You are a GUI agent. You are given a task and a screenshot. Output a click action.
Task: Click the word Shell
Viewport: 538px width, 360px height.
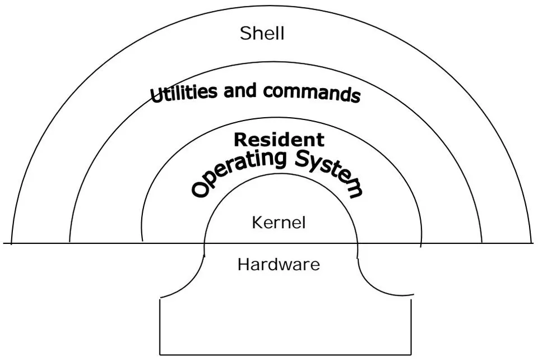(x=262, y=33)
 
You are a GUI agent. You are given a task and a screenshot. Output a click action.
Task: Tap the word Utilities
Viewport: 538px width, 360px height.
(x=184, y=93)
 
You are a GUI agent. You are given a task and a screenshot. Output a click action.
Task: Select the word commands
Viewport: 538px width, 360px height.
(x=312, y=93)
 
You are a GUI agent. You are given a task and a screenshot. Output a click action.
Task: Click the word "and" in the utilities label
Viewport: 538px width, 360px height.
(x=240, y=91)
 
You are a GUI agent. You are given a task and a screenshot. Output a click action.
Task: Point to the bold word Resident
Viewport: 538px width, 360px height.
(x=279, y=140)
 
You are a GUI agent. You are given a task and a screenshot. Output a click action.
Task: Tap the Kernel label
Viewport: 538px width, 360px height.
(x=279, y=223)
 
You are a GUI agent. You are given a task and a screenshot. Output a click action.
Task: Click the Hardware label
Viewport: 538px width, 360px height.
(x=279, y=265)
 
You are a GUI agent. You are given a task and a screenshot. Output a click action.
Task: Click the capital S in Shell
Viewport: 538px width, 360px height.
(x=245, y=33)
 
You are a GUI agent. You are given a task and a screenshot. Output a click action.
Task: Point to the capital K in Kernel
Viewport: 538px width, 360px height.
(x=258, y=223)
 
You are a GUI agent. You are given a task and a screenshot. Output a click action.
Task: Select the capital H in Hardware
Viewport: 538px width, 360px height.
(x=244, y=265)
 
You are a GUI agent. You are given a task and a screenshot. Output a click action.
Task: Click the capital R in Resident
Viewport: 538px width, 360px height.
(x=240, y=140)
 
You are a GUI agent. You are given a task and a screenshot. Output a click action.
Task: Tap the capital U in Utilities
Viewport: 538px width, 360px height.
(x=156, y=95)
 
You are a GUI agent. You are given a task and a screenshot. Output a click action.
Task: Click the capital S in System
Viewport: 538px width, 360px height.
(x=303, y=159)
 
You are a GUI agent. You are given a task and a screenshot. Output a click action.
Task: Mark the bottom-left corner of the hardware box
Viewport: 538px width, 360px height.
(x=160, y=354)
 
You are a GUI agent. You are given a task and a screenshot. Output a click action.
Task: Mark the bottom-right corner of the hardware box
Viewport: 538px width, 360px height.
(x=411, y=354)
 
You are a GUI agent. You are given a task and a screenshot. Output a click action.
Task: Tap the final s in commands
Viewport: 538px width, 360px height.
(x=356, y=96)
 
